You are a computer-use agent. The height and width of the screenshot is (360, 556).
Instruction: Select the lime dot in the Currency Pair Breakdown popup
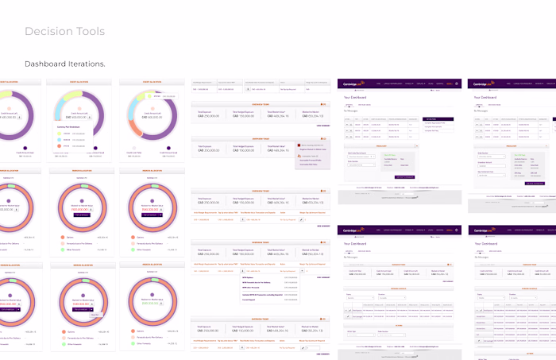60,134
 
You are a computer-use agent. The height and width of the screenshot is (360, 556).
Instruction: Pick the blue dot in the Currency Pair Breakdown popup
60,141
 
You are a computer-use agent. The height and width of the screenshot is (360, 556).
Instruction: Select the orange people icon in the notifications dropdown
298,156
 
